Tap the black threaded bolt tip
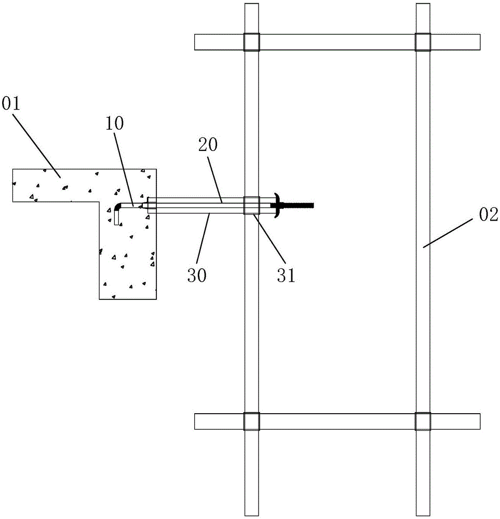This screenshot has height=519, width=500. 299,205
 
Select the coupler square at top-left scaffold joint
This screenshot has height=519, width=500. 251,42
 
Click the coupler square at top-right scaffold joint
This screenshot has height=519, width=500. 423,42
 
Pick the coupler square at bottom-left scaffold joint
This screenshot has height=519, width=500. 251,421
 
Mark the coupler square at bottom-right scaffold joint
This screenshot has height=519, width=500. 423,421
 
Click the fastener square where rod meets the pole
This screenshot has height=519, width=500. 251,205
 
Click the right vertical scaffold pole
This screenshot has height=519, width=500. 423,311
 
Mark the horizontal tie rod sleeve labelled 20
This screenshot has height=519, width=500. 208,202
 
